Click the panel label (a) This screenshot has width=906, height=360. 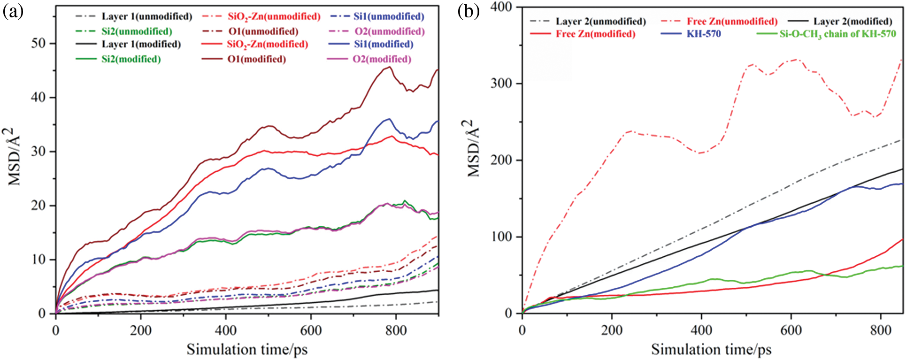coord(13,12)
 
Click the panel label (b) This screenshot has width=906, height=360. coord(468,12)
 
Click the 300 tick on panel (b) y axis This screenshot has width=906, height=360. coord(501,84)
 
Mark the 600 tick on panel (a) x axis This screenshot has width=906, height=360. coord(311,330)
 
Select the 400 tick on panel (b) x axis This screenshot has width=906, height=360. coord(701,330)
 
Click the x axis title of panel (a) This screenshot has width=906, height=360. coord(247,350)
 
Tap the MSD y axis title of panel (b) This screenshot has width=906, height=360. coord(474,148)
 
